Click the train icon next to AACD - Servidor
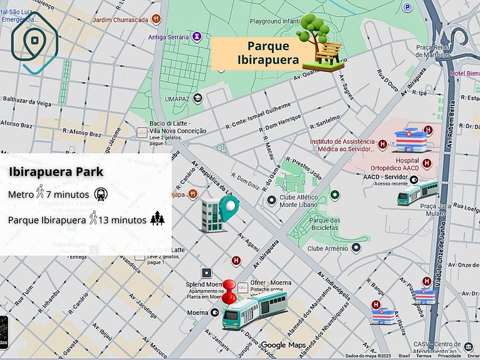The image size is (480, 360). click(x=417, y=193)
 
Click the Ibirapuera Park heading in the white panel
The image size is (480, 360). click(x=56, y=171)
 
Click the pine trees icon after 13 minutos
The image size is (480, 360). click(x=157, y=219)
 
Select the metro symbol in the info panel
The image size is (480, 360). click(x=101, y=194)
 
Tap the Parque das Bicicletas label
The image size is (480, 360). click(x=324, y=224)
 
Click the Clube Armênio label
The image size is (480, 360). click(x=327, y=248)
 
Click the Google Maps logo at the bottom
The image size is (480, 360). click(x=282, y=345)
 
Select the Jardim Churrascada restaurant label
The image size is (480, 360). click(x=120, y=19)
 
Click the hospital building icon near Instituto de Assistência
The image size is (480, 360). click(x=411, y=140)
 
